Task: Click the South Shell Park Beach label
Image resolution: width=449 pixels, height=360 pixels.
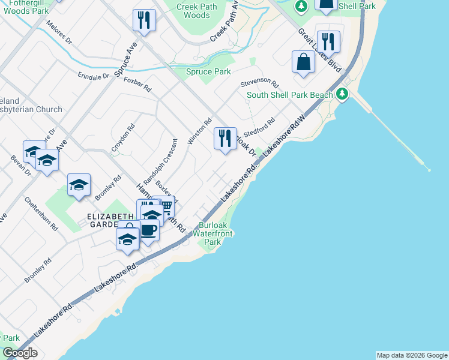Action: (289, 95)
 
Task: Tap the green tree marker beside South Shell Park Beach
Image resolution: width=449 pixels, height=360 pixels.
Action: (342, 94)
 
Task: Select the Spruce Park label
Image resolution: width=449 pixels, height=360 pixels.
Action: (208, 72)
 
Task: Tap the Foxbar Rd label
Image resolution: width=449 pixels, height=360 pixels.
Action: (137, 84)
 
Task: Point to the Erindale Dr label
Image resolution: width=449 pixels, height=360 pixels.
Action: (93, 76)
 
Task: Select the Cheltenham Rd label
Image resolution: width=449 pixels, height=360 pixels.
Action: (41, 214)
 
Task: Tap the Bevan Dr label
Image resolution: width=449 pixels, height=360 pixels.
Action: (21, 165)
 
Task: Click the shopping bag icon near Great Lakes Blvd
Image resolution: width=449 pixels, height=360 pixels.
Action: (304, 62)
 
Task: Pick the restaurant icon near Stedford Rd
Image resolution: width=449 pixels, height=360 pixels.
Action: (225, 139)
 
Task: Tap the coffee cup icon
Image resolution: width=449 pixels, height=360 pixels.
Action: (148, 229)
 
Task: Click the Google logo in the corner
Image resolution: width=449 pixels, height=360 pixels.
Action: (20, 353)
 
